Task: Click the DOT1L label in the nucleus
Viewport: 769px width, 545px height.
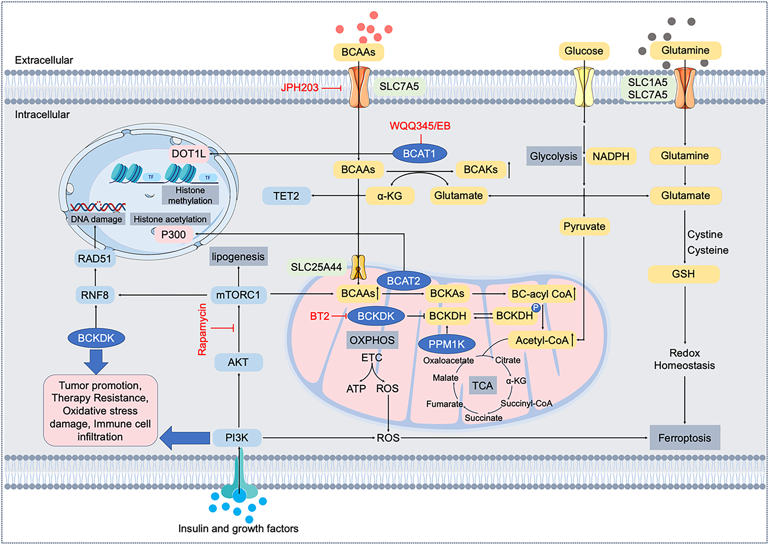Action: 189,154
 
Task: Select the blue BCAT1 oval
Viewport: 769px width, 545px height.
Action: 419,154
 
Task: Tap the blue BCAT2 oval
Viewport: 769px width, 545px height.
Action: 403,281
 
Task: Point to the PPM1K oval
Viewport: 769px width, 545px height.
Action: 446,344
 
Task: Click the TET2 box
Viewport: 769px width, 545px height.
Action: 286,196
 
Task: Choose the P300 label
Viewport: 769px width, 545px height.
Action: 173,235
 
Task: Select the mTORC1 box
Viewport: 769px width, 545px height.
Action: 238,295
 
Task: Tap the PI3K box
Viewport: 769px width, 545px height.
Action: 237,438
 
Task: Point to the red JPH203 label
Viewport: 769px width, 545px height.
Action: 300,88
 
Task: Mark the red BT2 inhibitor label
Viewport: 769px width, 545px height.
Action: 319,316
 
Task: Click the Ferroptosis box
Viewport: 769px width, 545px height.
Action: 684,438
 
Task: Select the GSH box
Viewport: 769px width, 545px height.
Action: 683,274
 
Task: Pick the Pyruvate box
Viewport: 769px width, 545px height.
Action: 584,227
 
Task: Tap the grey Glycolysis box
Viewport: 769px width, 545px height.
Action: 553,156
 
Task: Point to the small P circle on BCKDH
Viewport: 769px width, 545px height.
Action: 536,308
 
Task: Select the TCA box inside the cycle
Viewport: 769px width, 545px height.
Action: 482,385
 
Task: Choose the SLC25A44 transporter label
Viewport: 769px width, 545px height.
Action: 316,267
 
